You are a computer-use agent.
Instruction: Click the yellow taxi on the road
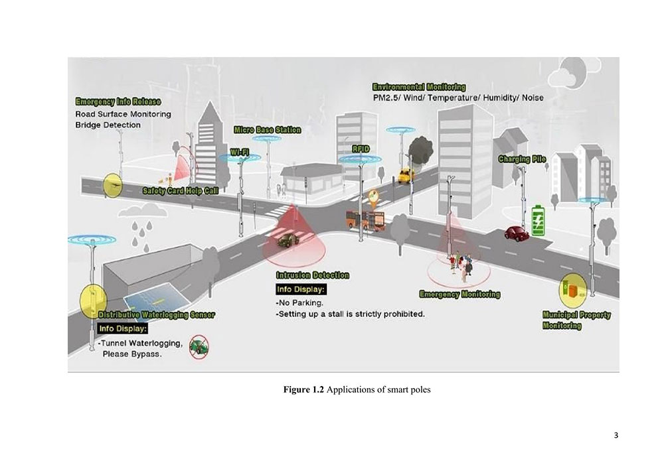click(x=405, y=174)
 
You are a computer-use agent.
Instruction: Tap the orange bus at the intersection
click(x=365, y=219)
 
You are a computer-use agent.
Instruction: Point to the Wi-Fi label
click(x=240, y=153)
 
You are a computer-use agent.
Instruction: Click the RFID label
click(x=360, y=149)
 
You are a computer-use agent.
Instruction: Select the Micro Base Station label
click(x=267, y=130)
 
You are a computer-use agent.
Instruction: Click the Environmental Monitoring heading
click(x=418, y=87)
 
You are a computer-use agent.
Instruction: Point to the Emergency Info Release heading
click(x=118, y=102)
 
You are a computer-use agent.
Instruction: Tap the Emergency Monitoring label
click(x=459, y=294)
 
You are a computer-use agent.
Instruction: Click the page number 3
click(x=616, y=435)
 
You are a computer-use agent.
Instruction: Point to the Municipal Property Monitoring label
click(x=576, y=320)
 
